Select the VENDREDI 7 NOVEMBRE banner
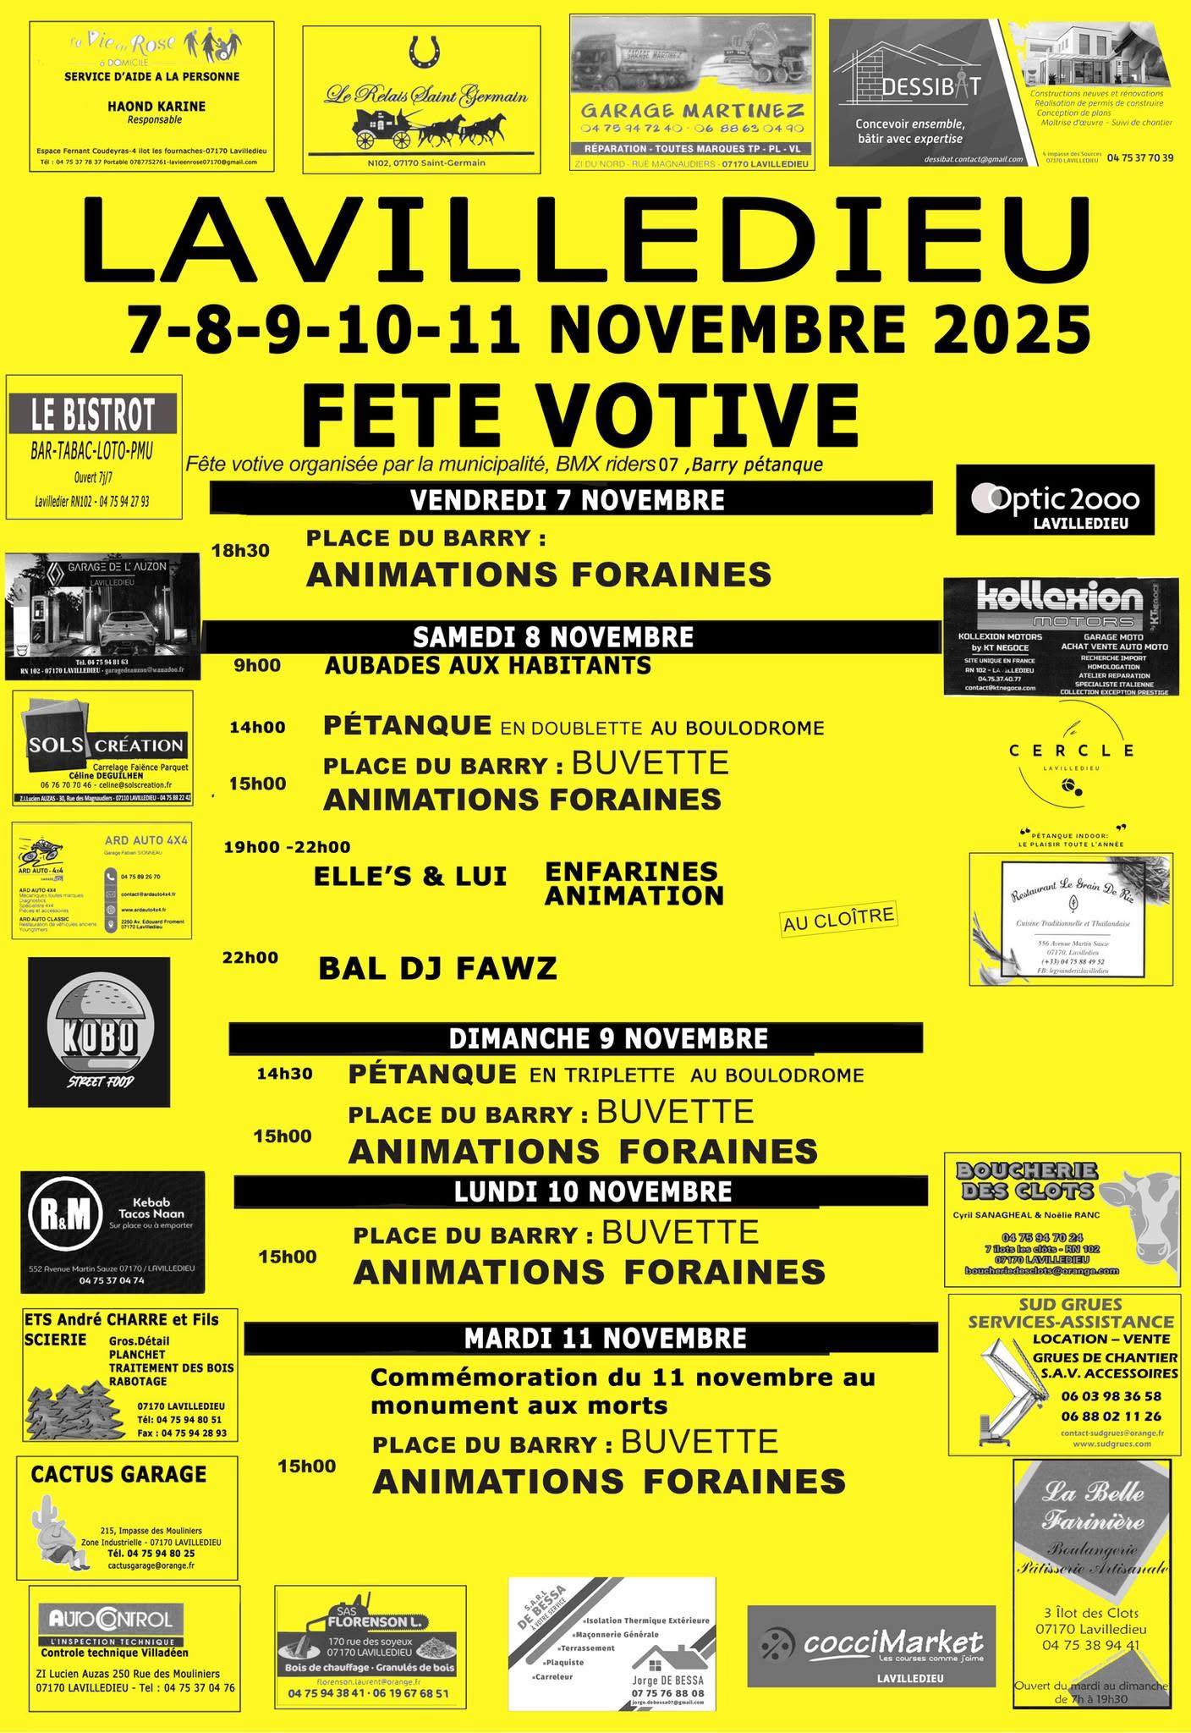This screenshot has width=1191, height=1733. tap(568, 499)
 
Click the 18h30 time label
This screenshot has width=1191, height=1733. tap(240, 551)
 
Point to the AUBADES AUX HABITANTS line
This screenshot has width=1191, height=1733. tap(488, 665)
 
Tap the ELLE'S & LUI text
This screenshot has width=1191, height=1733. tap(410, 877)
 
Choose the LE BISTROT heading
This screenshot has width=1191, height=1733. tap(93, 415)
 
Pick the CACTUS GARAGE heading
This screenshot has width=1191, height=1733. tap(118, 1473)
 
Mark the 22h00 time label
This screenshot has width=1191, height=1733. tap(250, 958)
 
